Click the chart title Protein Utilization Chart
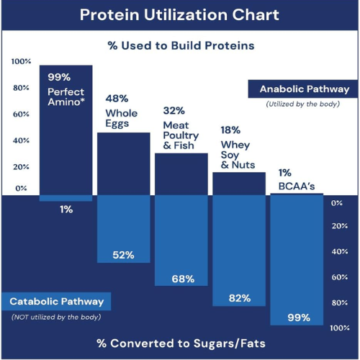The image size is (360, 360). tap(180, 15)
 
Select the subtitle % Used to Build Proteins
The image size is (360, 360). tap(181, 45)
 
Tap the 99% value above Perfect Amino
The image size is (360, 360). tap(58, 77)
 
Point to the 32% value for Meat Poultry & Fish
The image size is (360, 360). tap(174, 111)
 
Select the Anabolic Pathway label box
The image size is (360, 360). tap(304, 89)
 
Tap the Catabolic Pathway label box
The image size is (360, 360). tap(56, 301)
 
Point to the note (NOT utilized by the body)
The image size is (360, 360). tap(55, 317)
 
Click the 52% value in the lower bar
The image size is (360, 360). tap(123, 256)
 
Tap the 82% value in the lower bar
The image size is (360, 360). tap(239, 298)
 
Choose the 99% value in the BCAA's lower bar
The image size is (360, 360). tap(297, 317)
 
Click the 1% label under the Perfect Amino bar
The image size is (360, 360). tap(66, 210)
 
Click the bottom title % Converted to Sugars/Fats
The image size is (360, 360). tap(180, 341)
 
